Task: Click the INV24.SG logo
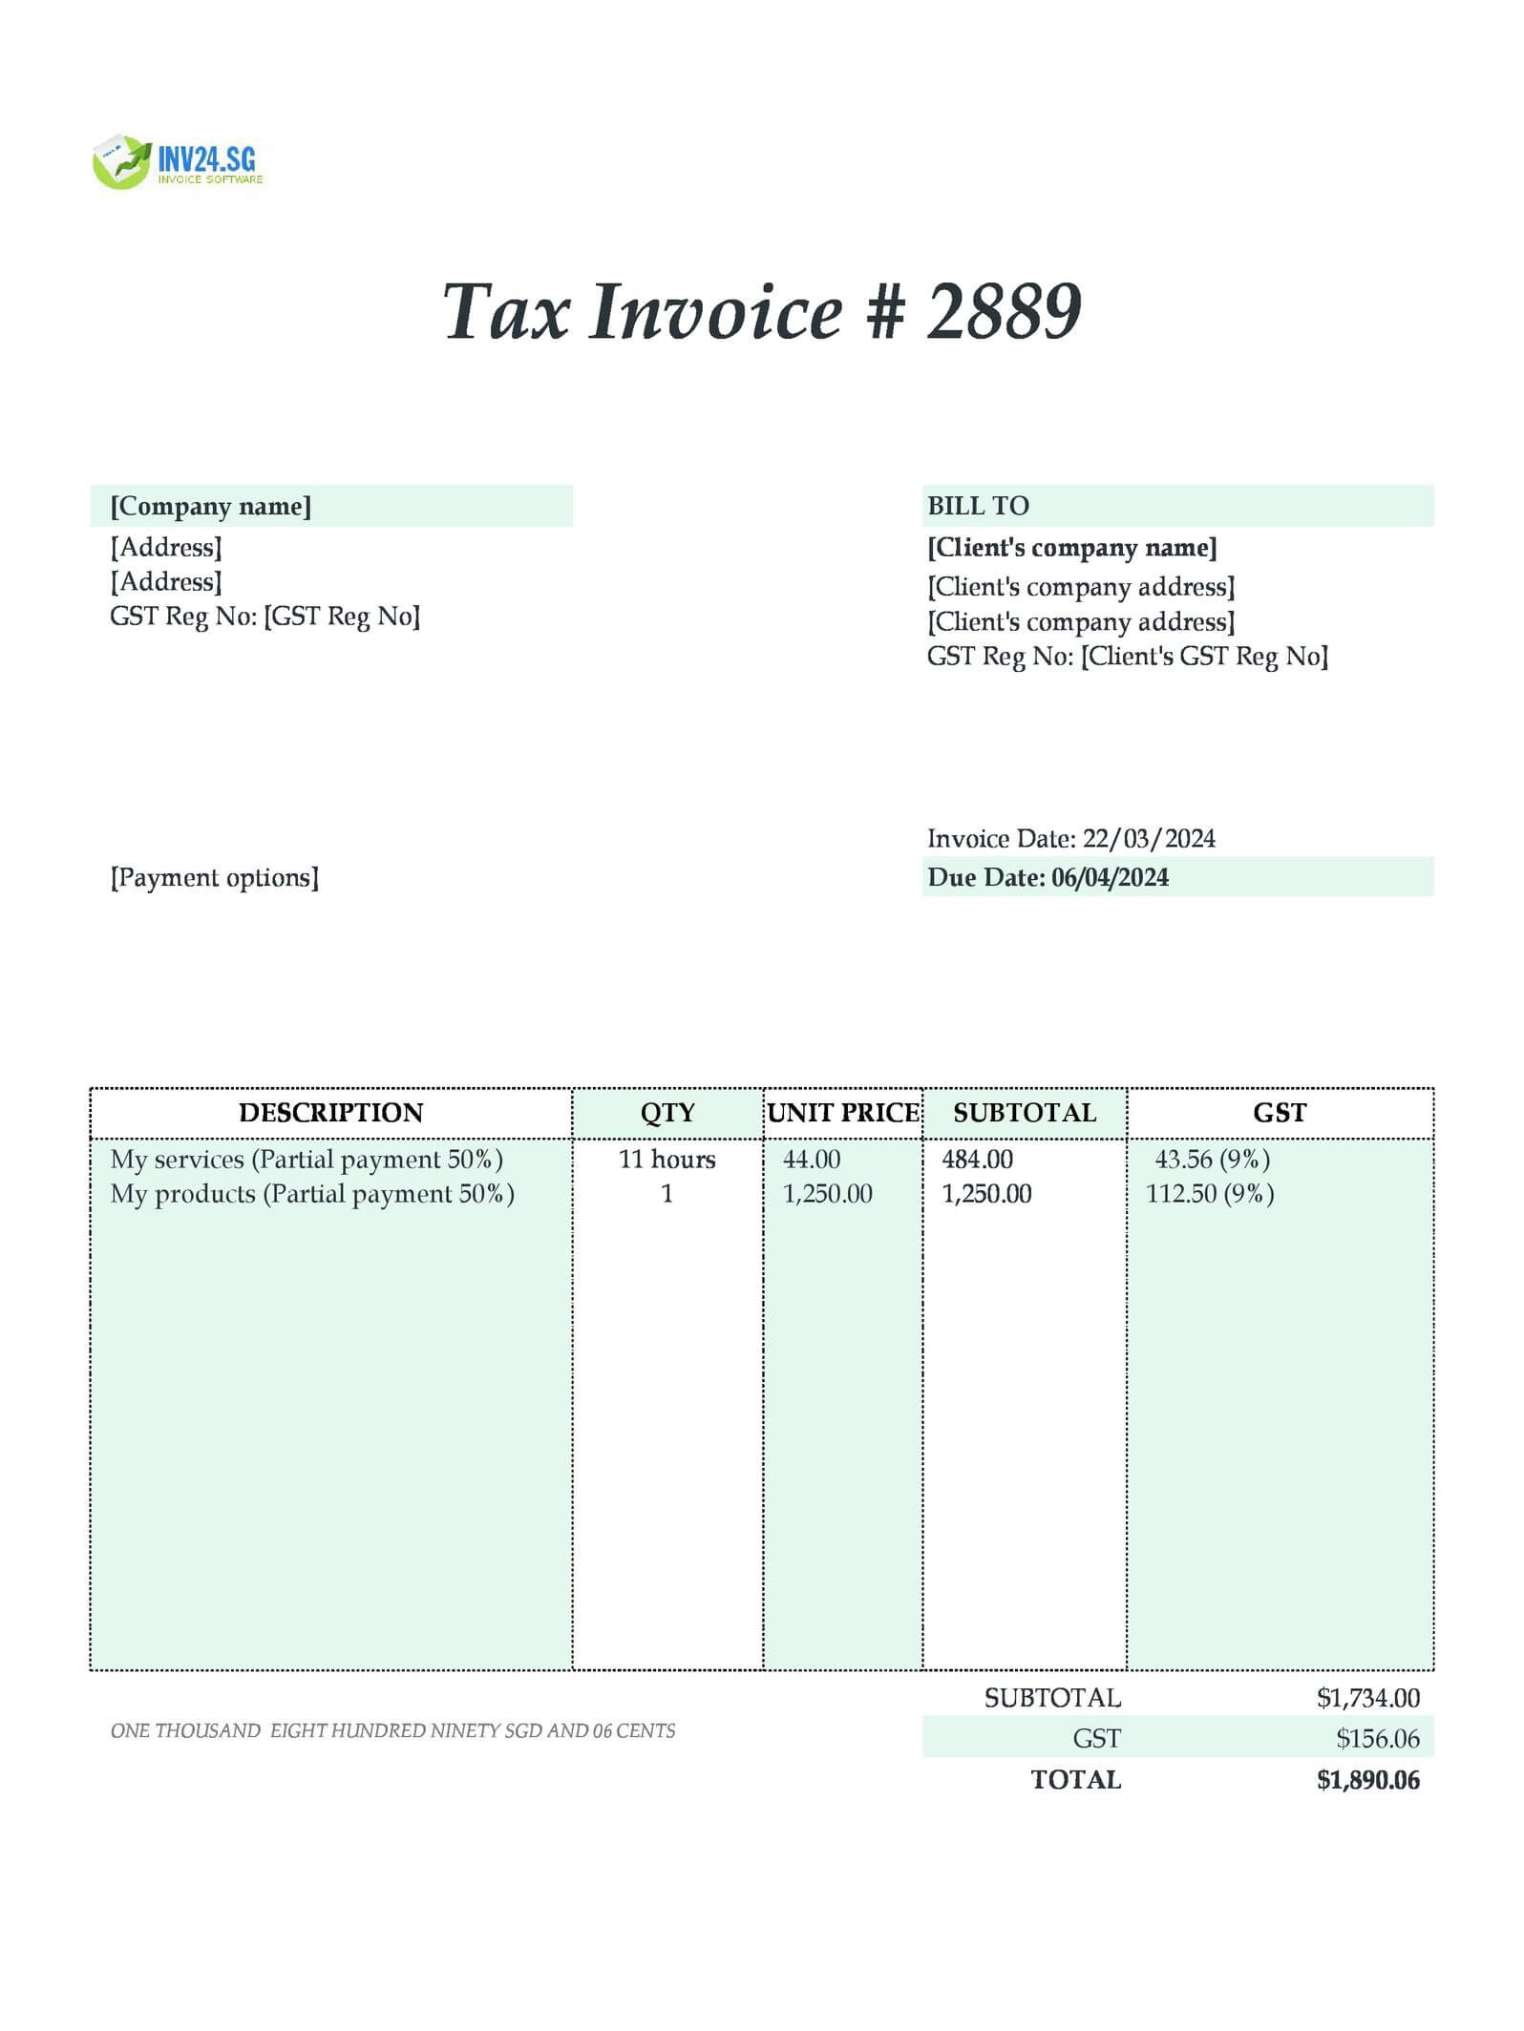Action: (x=178, y=162)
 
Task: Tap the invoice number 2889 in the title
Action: (x=1004, y=312)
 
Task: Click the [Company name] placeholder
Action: (x=210, y=506)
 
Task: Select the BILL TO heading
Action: (x=978, y=506)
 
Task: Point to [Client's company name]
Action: (x=1071, y=548)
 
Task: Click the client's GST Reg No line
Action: (x=1127, y=657)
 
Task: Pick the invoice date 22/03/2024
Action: (x=1149, y=839)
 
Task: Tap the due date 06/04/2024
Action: (x=1110, y=878)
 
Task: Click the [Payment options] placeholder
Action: (x=214, y=878)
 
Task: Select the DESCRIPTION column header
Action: (x=330, y=1113)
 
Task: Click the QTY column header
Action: (x=667, y=1113)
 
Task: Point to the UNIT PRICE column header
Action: (x=843, y=1113)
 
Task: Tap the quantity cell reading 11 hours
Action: (x=667, y=1160)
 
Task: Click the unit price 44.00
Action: (x=812, y=1160)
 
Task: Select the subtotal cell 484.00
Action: (x=977, y=1160)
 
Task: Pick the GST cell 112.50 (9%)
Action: (x=1210, y=1194)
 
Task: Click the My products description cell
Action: (x=312, y=1194)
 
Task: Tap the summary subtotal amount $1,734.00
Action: (x=1367, y=1698)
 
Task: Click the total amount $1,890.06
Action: (x=1367, y=1780)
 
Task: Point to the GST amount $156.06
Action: (x=1377, y=1739)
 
